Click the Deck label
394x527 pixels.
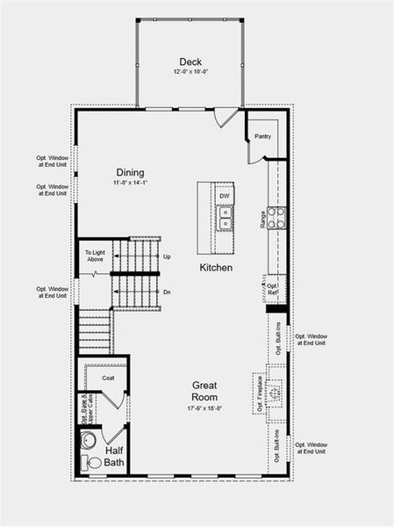click(x=190, y=61)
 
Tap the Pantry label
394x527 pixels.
click(x=262, y=137)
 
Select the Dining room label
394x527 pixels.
click(x=130, y=173)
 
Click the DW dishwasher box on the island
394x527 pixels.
click(x=225, y=196)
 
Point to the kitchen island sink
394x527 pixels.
click(x=226, y=218)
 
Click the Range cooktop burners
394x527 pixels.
click(x=276, y=218)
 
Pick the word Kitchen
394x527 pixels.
click(x=216, y=267)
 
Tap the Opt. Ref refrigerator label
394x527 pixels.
click(x=273, y=288)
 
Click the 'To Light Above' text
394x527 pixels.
click(x=95, y=256)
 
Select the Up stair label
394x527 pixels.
click(x=167, y=256)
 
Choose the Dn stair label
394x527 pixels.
click(x=167, y=292)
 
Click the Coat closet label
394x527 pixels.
click(x=108, y=379)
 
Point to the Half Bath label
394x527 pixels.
click(x=115, y=457)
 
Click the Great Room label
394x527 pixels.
click(x=205, y=391)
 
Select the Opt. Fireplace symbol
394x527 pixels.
click(x=275, y=393)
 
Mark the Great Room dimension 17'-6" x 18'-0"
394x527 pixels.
click(x=205, y=408)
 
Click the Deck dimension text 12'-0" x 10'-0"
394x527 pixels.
click(x=190, y=72)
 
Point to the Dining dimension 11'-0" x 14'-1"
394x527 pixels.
click(x=130, y=184)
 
